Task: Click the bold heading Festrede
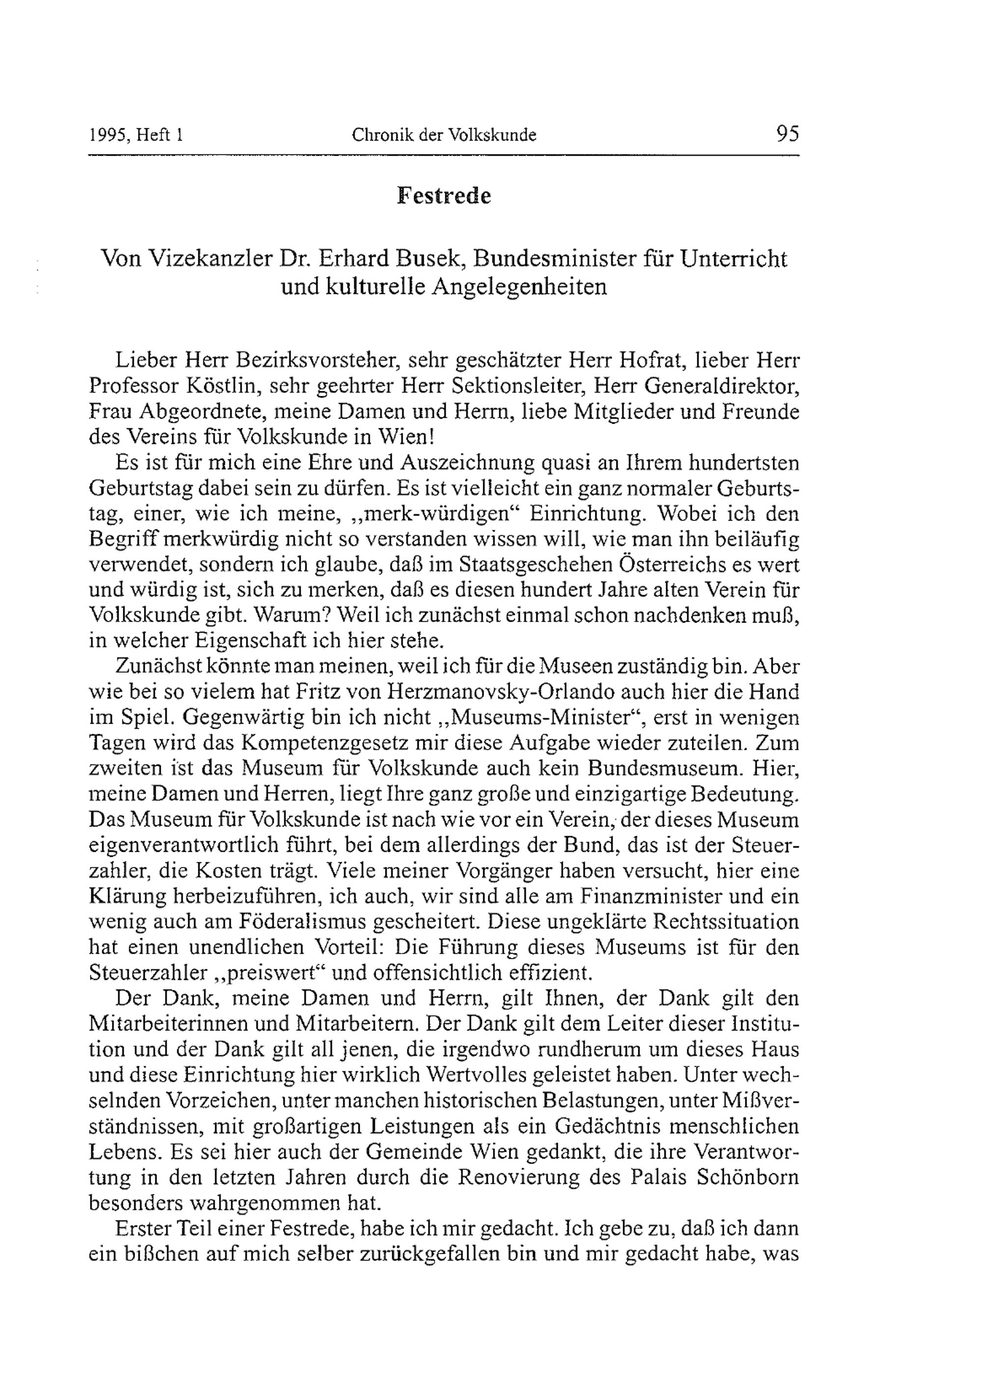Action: [x=443, y=195]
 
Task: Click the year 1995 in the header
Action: [x=108, y=135]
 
